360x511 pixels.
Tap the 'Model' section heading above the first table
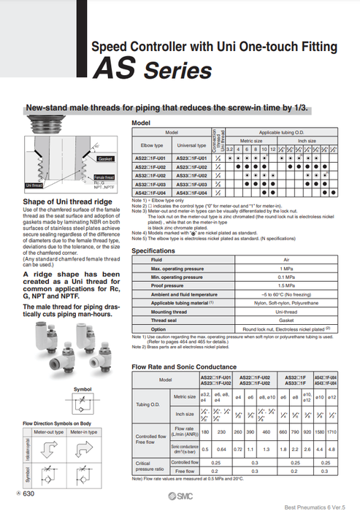140,123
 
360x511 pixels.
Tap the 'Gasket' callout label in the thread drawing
104,158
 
